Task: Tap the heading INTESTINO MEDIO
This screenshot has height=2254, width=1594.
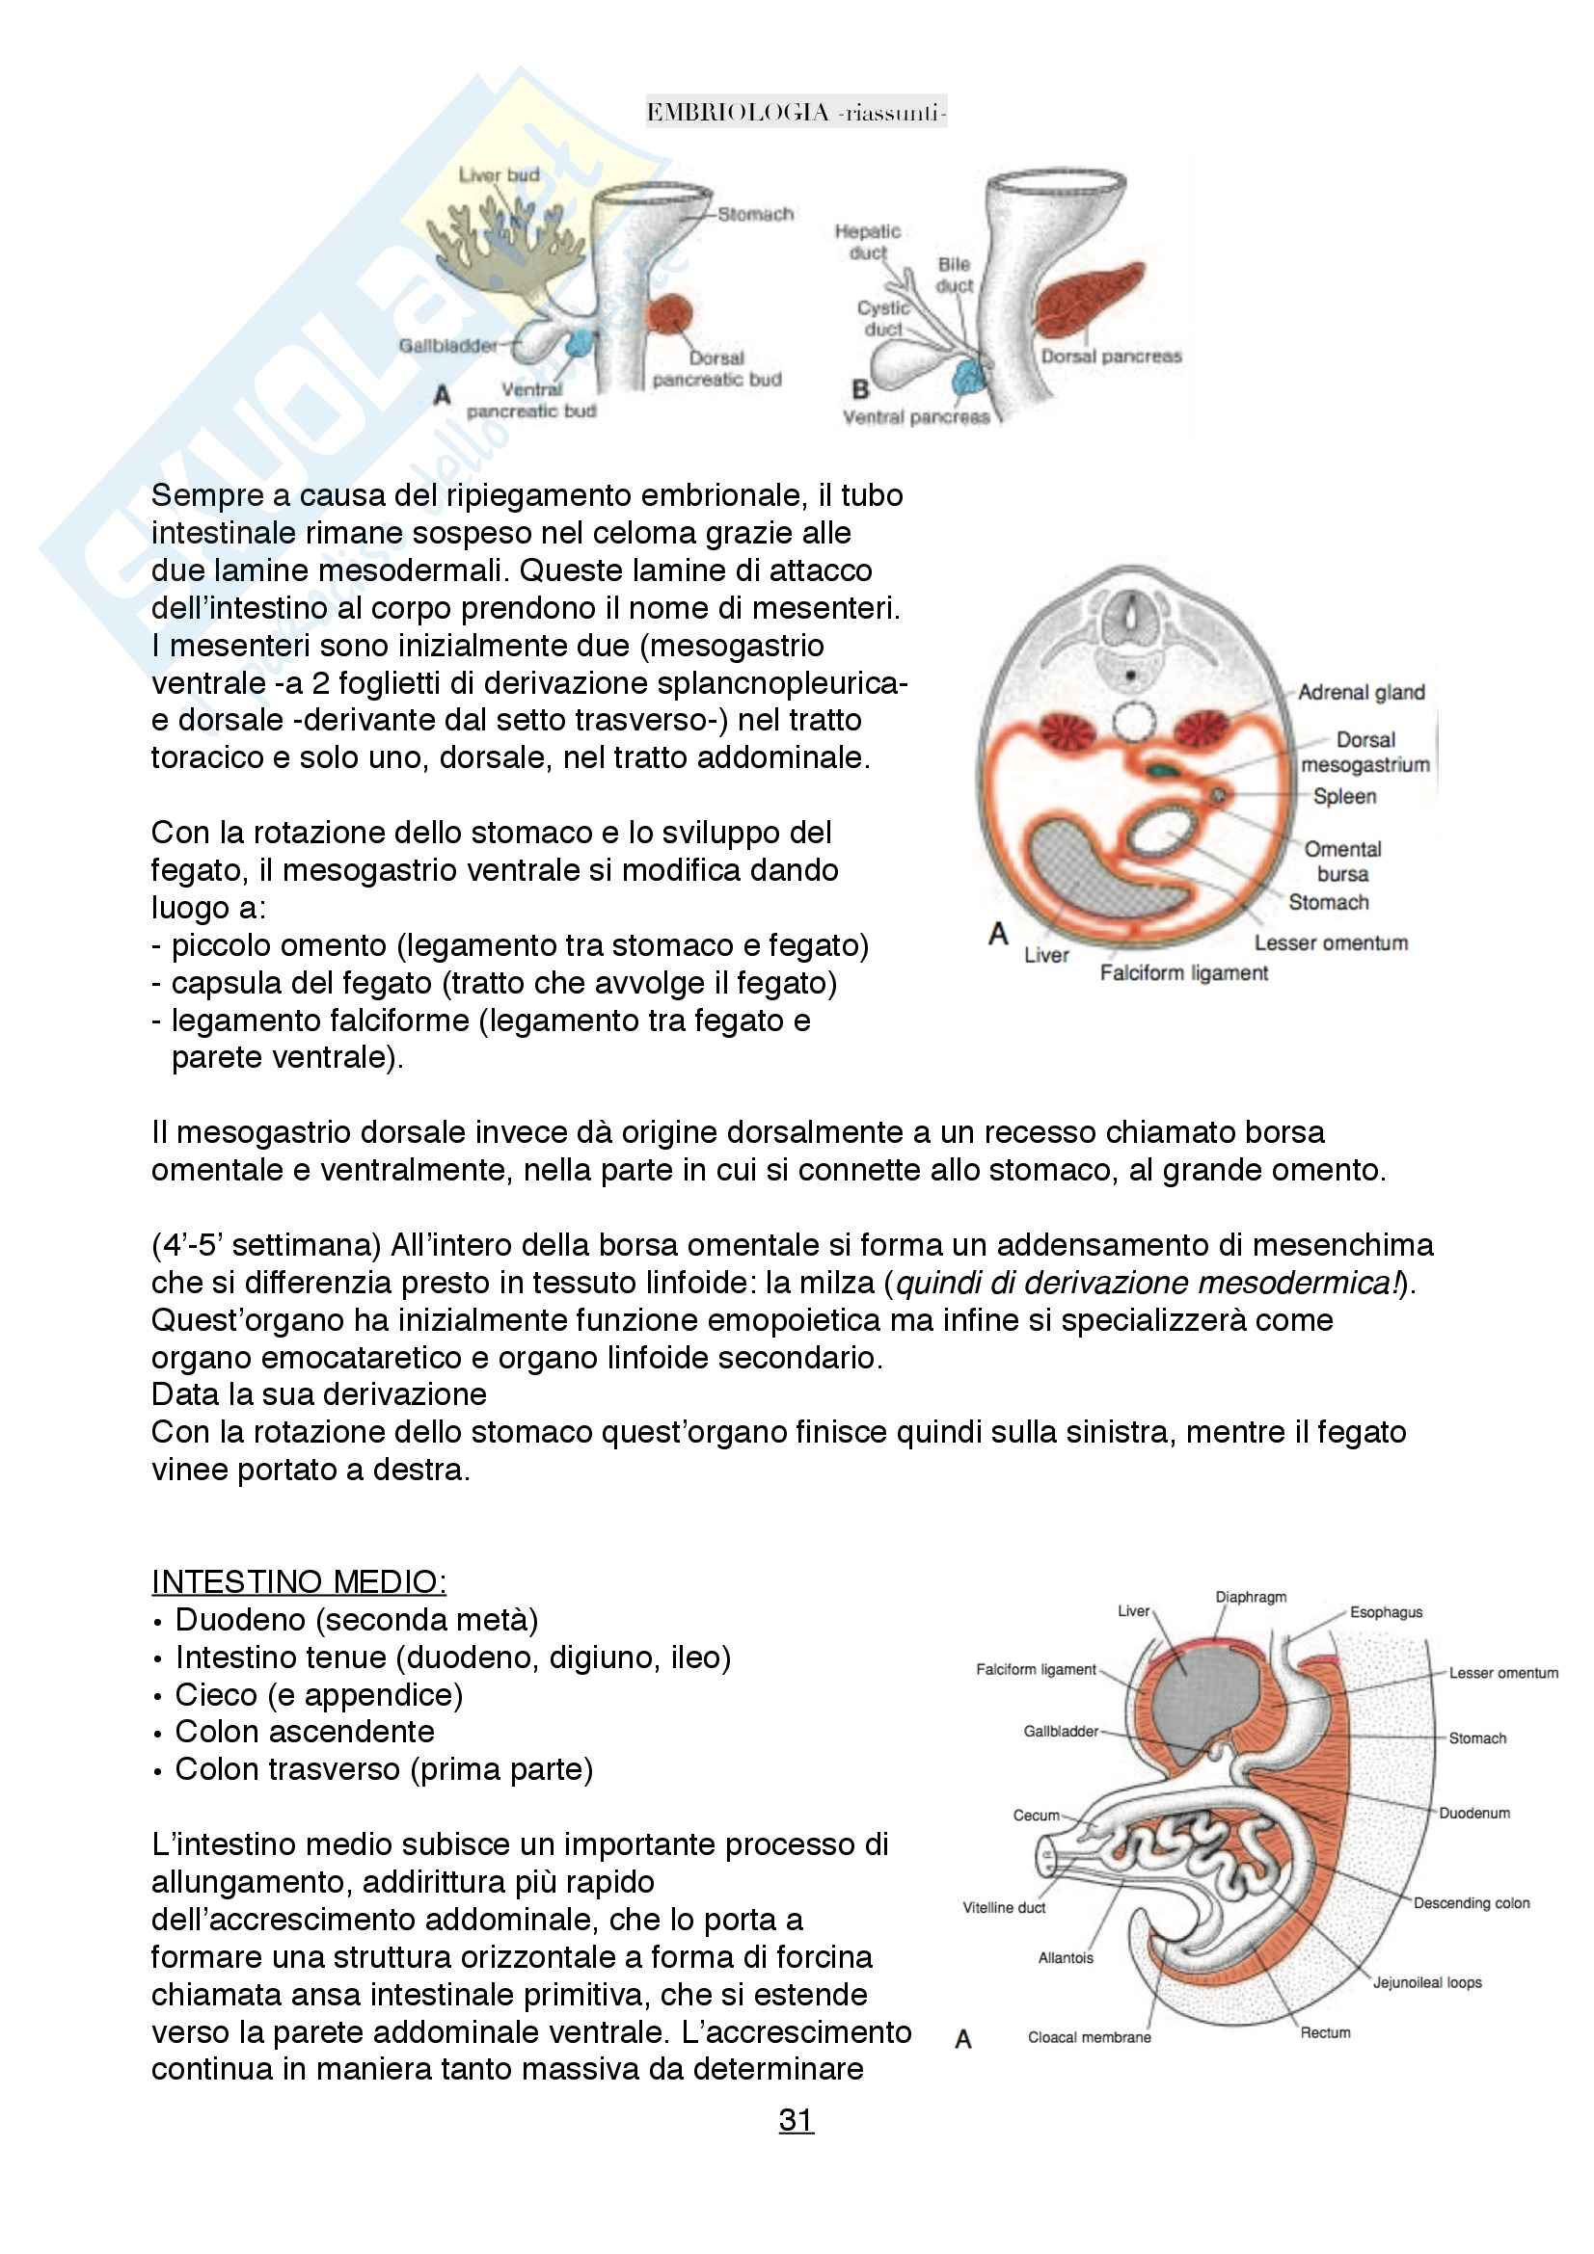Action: (x=299, y=1581)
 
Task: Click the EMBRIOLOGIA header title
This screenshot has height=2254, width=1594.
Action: (x=796, y=113)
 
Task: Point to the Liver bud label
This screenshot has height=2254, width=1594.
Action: (x=499, y=175)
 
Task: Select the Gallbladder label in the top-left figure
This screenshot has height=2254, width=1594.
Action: (x=446, y=346)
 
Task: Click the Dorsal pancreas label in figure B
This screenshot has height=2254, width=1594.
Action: (x=1111, y=357)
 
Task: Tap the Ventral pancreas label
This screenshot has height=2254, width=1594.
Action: (x=915, y=417)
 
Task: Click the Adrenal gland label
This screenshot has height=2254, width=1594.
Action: (x=1361, y=692)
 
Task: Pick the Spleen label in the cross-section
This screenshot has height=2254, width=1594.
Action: (x=1344, y=796)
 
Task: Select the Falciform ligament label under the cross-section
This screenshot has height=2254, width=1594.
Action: (x=1183, y=973)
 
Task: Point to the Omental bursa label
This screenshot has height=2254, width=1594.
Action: (x=1341, y=861)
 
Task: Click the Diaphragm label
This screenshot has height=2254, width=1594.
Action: (x=1251, y=1597)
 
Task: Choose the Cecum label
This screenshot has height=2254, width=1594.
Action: (x=1037, y=1816)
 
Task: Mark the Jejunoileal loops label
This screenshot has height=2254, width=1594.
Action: (x=1426, y=1982)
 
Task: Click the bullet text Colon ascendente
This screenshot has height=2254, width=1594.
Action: (x=305, y=1732)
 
